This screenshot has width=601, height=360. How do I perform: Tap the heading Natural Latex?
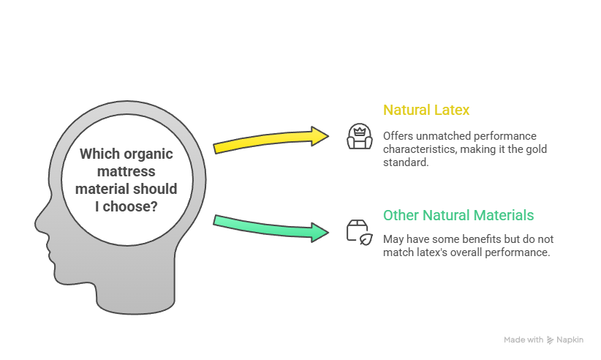point(426,110)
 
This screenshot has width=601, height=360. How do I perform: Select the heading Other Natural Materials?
point(458,215)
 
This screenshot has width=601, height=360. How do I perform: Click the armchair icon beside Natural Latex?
point(359,136)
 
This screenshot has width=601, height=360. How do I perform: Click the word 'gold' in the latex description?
point(536,149)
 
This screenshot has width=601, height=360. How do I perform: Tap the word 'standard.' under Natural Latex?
point(405,162)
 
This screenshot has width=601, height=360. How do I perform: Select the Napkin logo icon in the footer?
point(550,340)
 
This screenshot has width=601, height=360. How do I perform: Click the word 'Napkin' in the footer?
point(570,340)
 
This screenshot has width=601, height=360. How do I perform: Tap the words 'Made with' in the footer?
point(523,340)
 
